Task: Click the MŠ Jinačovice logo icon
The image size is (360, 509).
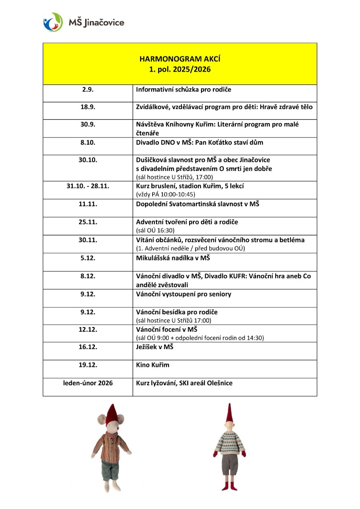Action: click(53, 22)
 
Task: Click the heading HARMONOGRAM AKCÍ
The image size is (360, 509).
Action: click(180, 59)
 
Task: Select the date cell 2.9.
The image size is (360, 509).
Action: click(88, 89)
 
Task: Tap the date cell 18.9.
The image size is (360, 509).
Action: click(88, 107)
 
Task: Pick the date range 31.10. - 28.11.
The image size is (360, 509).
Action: click(88, 186)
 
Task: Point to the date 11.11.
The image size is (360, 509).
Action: click(88, 204)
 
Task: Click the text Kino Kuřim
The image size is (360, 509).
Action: click(153, 365)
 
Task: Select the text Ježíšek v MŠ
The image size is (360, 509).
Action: click(155, 347)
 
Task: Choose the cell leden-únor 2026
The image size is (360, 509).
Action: click(88, 383)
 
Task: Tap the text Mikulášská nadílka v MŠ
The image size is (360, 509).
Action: click(173, 258)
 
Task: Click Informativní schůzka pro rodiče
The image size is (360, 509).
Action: click(184, 89)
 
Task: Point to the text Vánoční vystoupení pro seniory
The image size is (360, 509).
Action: click(184, 294)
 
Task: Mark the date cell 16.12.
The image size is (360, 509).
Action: click(88, 347)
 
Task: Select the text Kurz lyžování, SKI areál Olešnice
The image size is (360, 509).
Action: click(184, 383)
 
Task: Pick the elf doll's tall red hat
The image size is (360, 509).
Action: click(229, 414)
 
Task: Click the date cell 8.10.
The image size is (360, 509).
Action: click(88, 143)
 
